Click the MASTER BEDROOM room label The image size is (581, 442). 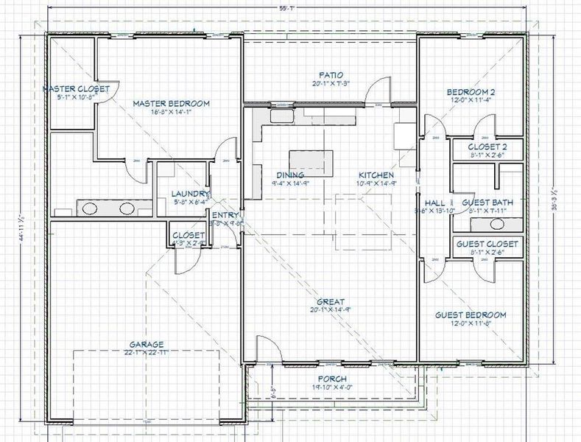pyautogui.click(x=171, y=104)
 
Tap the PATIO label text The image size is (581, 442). pyautogui.click(x=329, y=74)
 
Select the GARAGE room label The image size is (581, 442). pyautogui.click(x=147, y=343)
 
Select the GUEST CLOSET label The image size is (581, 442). pyautogui.click(x=487, y=244)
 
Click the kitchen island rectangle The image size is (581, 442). pyautogui.click(x=306, y=160)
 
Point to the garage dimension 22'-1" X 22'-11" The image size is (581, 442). pyautogui.click(x=147, y=352)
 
